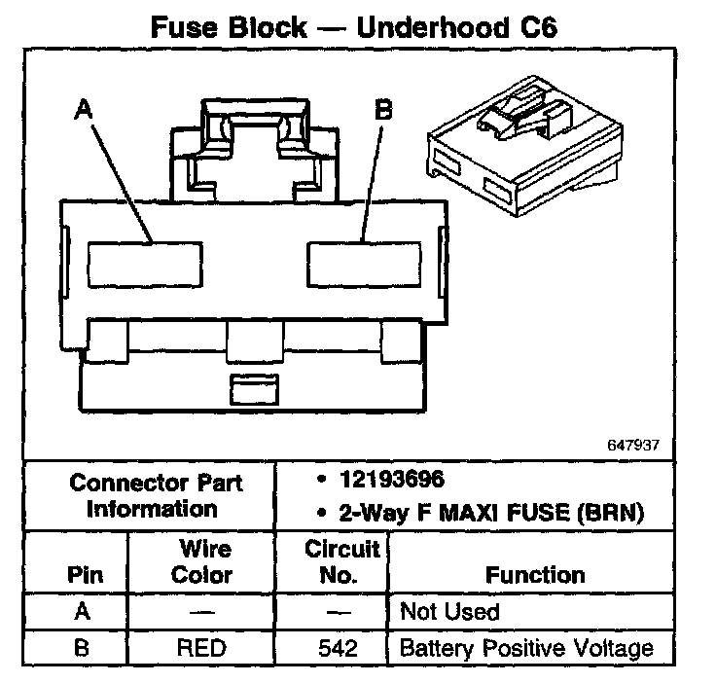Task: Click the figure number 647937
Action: pos(635,445)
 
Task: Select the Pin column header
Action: pos(84,574)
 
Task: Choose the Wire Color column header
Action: pos(202,561)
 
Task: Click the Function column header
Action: pos(535,574)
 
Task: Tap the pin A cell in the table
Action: pos(84,612)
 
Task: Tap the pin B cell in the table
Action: pos(84,647)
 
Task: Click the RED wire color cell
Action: pos(202,647)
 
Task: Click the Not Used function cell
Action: pos(449,612)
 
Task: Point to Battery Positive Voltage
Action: pos(525,647)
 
